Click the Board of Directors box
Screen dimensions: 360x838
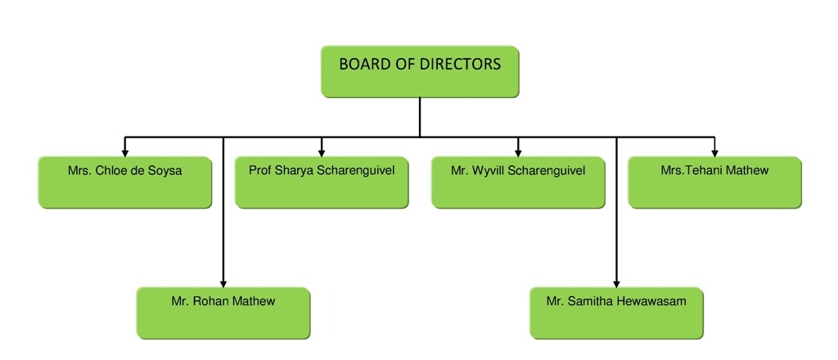[419, 72]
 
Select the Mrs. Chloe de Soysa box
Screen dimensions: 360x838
[125, 182]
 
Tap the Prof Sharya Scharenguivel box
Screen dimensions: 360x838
[322, 182]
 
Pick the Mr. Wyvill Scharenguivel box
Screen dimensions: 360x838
[518, 182]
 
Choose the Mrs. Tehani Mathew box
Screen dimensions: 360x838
[714, 182]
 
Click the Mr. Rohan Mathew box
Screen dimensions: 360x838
[223, 312]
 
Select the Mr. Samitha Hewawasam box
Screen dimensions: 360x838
[616, 312]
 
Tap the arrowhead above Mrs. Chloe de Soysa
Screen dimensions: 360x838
[125, 151]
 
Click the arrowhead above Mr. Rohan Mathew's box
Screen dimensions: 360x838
[223, 281]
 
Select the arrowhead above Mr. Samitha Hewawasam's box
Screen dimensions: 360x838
[616, 281]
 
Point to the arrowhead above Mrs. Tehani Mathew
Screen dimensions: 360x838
[714, 151]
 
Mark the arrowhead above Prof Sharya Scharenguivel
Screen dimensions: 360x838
[322, 151]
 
